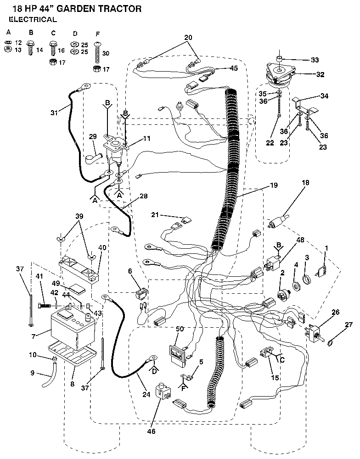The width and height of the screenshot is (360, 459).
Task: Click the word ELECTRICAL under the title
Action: point(33,20)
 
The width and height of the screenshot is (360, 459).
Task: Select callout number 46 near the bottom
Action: point(152,431)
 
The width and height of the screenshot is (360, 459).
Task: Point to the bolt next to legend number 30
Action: point(97,53)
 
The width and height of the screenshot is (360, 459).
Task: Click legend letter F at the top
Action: point(97,33)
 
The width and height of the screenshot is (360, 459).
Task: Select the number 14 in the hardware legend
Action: point(39,50)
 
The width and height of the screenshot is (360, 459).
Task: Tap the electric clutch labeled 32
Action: point(279,73)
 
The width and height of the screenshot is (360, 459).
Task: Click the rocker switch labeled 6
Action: point(142,292)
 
